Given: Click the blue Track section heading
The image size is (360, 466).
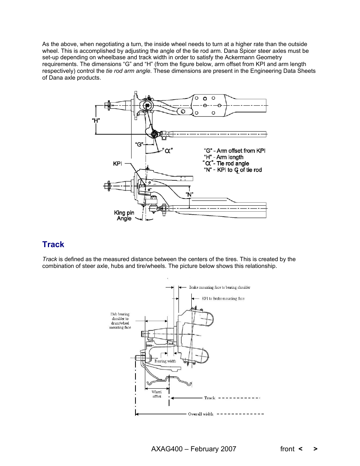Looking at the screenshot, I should pos(53,245).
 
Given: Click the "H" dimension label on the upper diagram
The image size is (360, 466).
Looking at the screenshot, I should pos(96,120).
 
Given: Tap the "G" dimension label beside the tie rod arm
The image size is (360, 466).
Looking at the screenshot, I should pos(139,144).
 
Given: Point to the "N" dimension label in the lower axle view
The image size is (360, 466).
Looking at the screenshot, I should pos(189,194).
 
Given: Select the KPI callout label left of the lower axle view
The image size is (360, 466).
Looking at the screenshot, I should pos(117,163).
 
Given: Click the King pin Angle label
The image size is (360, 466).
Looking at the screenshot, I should pos(124,215).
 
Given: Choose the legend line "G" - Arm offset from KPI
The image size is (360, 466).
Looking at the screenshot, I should pos(234,151).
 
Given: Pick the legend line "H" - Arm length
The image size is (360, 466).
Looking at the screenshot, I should pos(224,157).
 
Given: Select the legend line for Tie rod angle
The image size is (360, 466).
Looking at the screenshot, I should pos(226,163).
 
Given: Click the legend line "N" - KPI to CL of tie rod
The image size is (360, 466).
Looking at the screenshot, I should pos(233,170).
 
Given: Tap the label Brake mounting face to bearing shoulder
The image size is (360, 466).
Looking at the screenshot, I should pos(220,287).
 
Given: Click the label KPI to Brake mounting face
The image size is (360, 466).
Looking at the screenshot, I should pos(223,298).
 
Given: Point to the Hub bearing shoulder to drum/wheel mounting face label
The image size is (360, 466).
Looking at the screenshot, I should pos(120,321).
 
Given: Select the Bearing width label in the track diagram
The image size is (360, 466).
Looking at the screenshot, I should pos(165,361).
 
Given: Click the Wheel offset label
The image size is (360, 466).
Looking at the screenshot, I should pos(157,394).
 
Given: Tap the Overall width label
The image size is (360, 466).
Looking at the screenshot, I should pos(200,414).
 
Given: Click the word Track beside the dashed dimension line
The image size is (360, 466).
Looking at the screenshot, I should pos(209,398).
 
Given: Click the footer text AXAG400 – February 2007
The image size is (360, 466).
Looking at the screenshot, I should pos(194,449).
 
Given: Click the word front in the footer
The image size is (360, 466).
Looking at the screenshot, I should pos(287,449).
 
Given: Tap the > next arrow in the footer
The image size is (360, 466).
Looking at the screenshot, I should pos(315,449).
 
